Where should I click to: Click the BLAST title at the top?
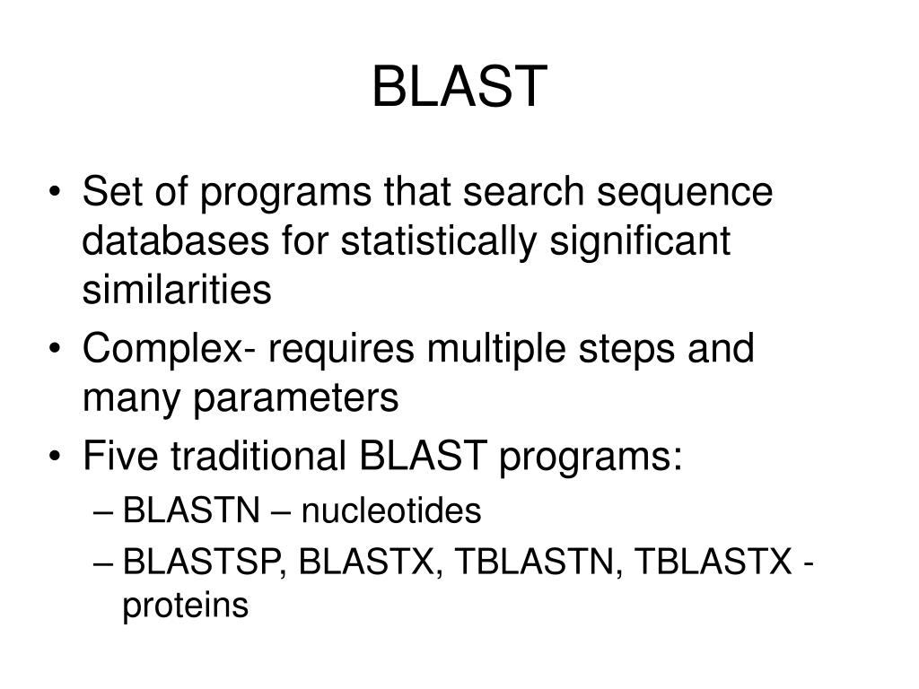coord(459,86)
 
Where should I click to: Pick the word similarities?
coord(177,290)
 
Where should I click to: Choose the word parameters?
coord(294,397)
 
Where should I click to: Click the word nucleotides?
coord(390,512)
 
